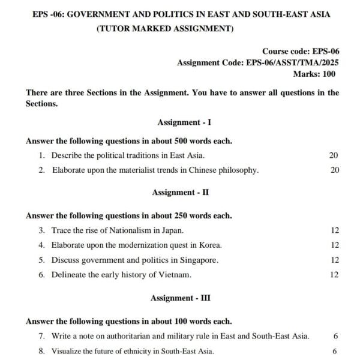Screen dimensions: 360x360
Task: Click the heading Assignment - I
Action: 184,123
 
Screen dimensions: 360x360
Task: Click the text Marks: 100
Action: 314,74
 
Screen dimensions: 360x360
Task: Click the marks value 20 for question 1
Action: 334,155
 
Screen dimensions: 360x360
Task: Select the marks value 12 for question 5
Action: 334,260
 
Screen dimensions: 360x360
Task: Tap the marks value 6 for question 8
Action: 334,351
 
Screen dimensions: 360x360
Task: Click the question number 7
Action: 42,336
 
